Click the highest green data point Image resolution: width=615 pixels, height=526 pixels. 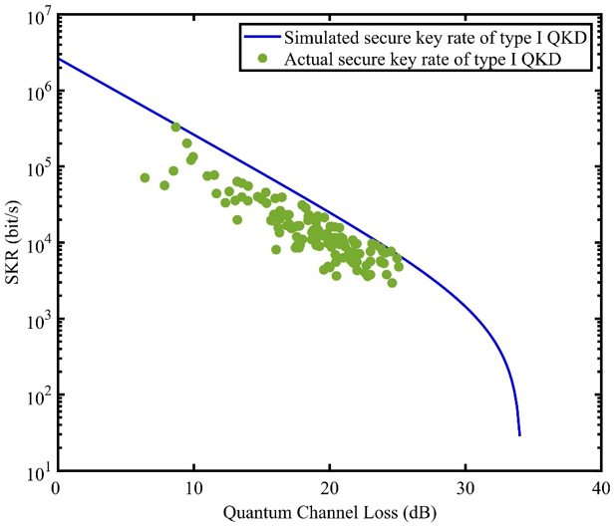(175, 127)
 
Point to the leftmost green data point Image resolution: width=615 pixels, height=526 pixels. (145, 177)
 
